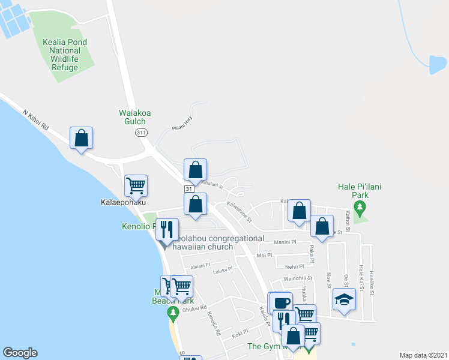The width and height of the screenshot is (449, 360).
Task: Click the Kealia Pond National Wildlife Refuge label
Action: [x=65, y=55]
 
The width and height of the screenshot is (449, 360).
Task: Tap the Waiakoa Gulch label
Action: [x=132, y=116]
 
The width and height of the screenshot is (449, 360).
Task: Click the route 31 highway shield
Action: [x=188, y=190]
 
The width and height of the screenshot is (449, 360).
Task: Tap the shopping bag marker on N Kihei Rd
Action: [x=81, y=139]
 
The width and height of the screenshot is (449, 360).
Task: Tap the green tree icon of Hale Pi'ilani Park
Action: [x=360, y=208]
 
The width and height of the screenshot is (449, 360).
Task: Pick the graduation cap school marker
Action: [x=343, y=299]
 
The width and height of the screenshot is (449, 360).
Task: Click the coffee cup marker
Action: [x=280, y=302]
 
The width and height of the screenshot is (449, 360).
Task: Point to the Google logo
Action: [x=20, y=353]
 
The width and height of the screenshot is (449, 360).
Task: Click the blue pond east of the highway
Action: [x=438, y=64]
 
